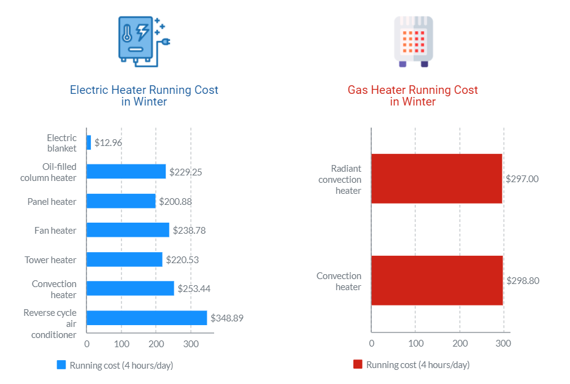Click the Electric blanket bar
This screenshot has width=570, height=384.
point(89,142)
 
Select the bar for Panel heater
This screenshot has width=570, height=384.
point(121,201)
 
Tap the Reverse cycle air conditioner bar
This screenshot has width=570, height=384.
point(147,318)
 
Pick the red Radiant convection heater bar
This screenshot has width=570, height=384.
point(437,179)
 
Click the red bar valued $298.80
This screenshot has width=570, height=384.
point(437,280)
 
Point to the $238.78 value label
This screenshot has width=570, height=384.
point(188,230)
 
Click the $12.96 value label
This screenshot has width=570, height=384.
point(108,143)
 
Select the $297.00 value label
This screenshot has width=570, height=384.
point(522,179)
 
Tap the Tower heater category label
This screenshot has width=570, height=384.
point(50,260)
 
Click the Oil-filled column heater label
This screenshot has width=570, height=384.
point(48,172)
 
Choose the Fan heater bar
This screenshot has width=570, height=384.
point(128,230)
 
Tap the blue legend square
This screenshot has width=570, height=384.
point(61,364)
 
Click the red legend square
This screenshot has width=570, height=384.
point(358,364)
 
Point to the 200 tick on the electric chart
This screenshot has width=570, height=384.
point(156,344)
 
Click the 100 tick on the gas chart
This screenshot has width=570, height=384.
point(415,344)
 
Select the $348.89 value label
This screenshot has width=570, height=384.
point(227,318)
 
